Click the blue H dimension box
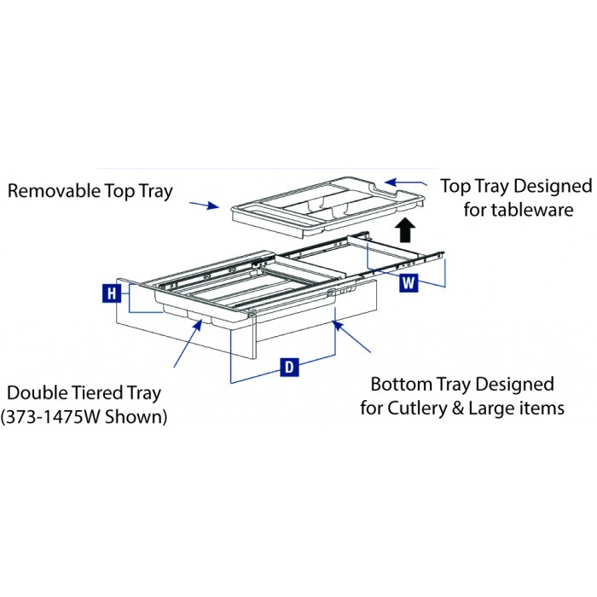click(x=112, y=293)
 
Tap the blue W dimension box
click(x=409, y=283)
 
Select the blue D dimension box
click(x=289, y=367)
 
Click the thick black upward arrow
click(x=405, y=230)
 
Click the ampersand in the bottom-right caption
click(x=458, y=409)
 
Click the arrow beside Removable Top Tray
click(x=205, y=206)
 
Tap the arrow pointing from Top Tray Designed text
click(x=406, y=183)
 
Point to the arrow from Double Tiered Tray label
click(x=188, y=344)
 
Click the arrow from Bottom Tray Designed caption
click(x=352, y=337)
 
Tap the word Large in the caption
click(x=490, y=409)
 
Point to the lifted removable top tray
click(x=328, y=207)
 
